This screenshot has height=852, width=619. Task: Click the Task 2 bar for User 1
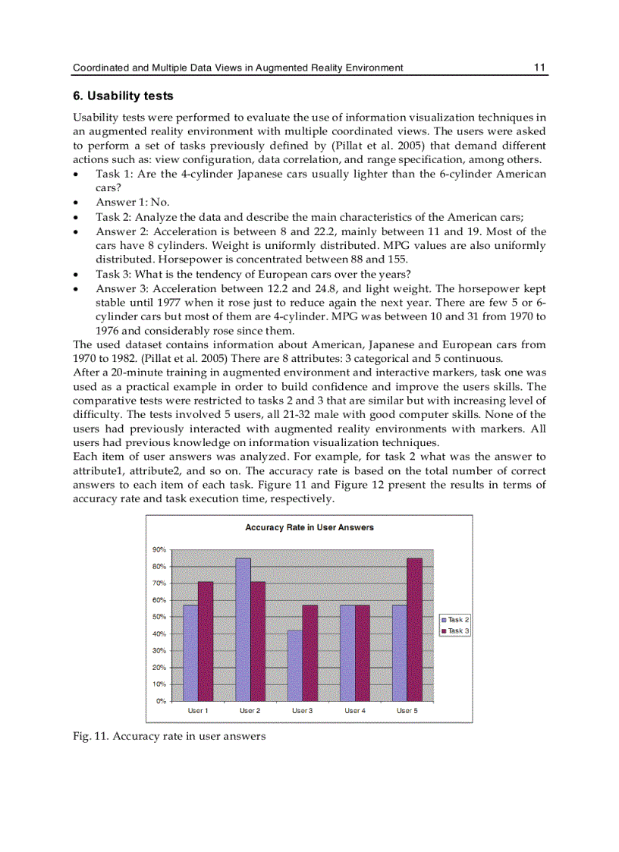[x=190, y=652]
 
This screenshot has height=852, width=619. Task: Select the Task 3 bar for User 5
[x=414, y=629]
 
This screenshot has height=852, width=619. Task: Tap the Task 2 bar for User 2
[x=243, y=629]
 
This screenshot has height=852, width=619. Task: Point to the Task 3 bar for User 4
[x=362, y=652]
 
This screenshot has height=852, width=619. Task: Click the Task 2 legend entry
[x=455, y=620]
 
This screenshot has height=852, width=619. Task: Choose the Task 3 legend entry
[x=455, y=631]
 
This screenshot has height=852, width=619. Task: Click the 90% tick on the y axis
[x=160, y=550]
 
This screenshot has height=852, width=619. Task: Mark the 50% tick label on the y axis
[x=160, y=617]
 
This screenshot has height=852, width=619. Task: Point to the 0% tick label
[x=162, y=701]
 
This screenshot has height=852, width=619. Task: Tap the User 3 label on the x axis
[x=302, y=711]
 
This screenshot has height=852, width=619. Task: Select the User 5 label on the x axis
[x=407, y=711]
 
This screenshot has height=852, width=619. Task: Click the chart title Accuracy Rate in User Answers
[x=309, y=527]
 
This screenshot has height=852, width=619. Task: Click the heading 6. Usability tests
[x=123, y=96]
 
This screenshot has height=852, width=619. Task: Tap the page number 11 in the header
[x=539, y=68]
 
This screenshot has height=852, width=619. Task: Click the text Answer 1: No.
[x=133, y=202]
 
